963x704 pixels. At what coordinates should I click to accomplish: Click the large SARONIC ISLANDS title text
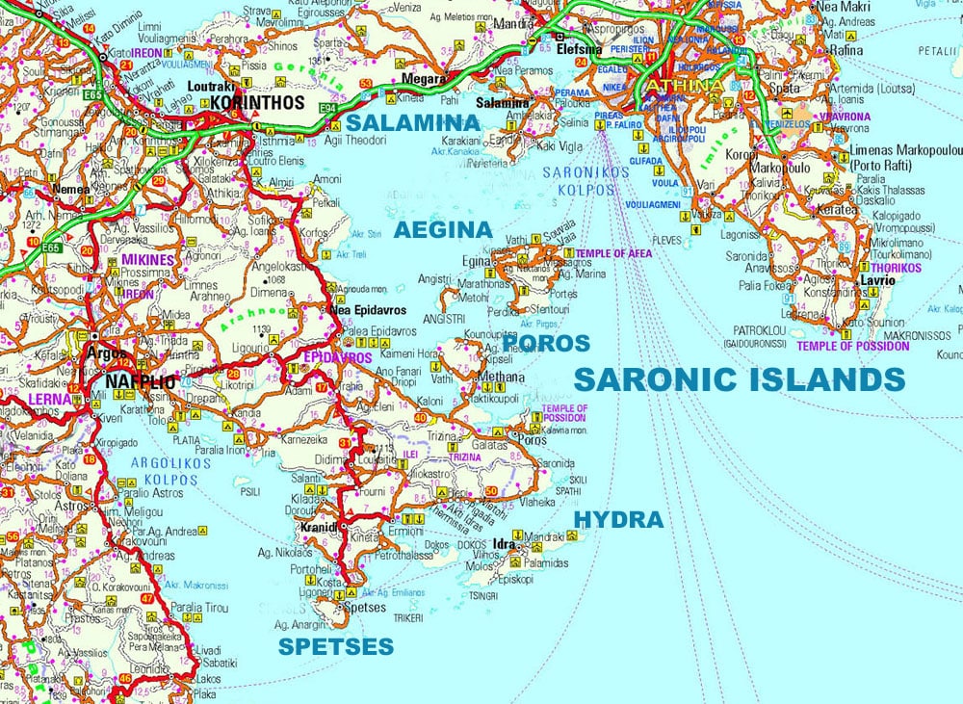point(739,378)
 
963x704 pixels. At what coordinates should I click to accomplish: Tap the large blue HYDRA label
point(618,520)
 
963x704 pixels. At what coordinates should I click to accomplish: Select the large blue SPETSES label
point(336,646)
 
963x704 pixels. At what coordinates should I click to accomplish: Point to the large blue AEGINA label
point(443,230)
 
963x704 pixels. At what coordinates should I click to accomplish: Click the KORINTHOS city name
point(256,102)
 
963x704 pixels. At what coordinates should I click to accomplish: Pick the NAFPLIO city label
point(141,382)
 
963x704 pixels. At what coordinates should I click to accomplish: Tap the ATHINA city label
point(685,87)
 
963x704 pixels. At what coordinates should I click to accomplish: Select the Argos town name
point(107,353)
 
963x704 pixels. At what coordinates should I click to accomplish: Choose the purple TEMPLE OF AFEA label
point(613,253)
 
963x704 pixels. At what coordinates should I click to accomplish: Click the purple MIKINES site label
point(147,260)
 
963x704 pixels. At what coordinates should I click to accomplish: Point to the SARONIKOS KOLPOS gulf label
point(585,181)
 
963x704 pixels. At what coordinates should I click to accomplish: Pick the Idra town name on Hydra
point(506,546)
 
